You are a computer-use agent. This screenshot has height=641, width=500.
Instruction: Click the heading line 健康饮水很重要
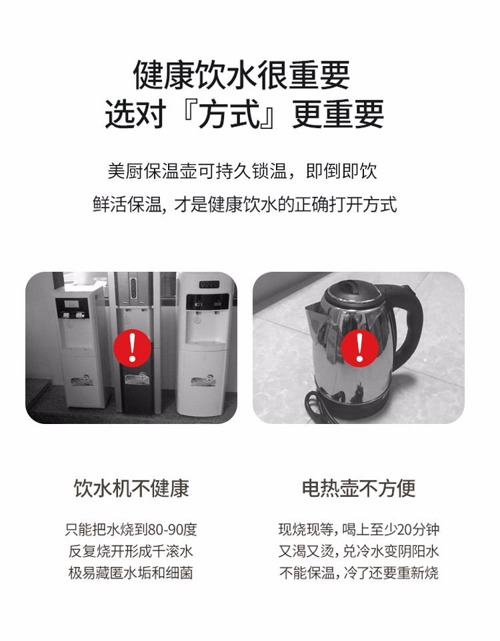click(x=241, y=75)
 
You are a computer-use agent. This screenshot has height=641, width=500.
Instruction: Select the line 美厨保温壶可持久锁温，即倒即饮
click(x=243, y=171)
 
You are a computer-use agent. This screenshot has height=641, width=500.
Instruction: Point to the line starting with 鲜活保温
click(x=245, y=204)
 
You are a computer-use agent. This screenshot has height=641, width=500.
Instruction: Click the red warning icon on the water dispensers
click(x=132, y=347)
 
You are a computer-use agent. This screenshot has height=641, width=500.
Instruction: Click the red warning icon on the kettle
click(x=359, y=348)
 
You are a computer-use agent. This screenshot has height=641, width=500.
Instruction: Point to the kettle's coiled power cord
click(x=323, y=406)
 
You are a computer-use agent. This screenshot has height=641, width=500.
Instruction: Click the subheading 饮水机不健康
click(x=131, y=488)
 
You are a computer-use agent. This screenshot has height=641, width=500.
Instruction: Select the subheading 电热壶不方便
click(x=359, y=488)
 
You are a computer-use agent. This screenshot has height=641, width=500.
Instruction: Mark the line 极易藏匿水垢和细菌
click(x=131, y=573)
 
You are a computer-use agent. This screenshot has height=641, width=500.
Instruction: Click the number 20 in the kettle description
click(x=405, y=529)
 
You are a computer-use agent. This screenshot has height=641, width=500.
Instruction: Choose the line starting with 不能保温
click(x=359, y=573)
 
